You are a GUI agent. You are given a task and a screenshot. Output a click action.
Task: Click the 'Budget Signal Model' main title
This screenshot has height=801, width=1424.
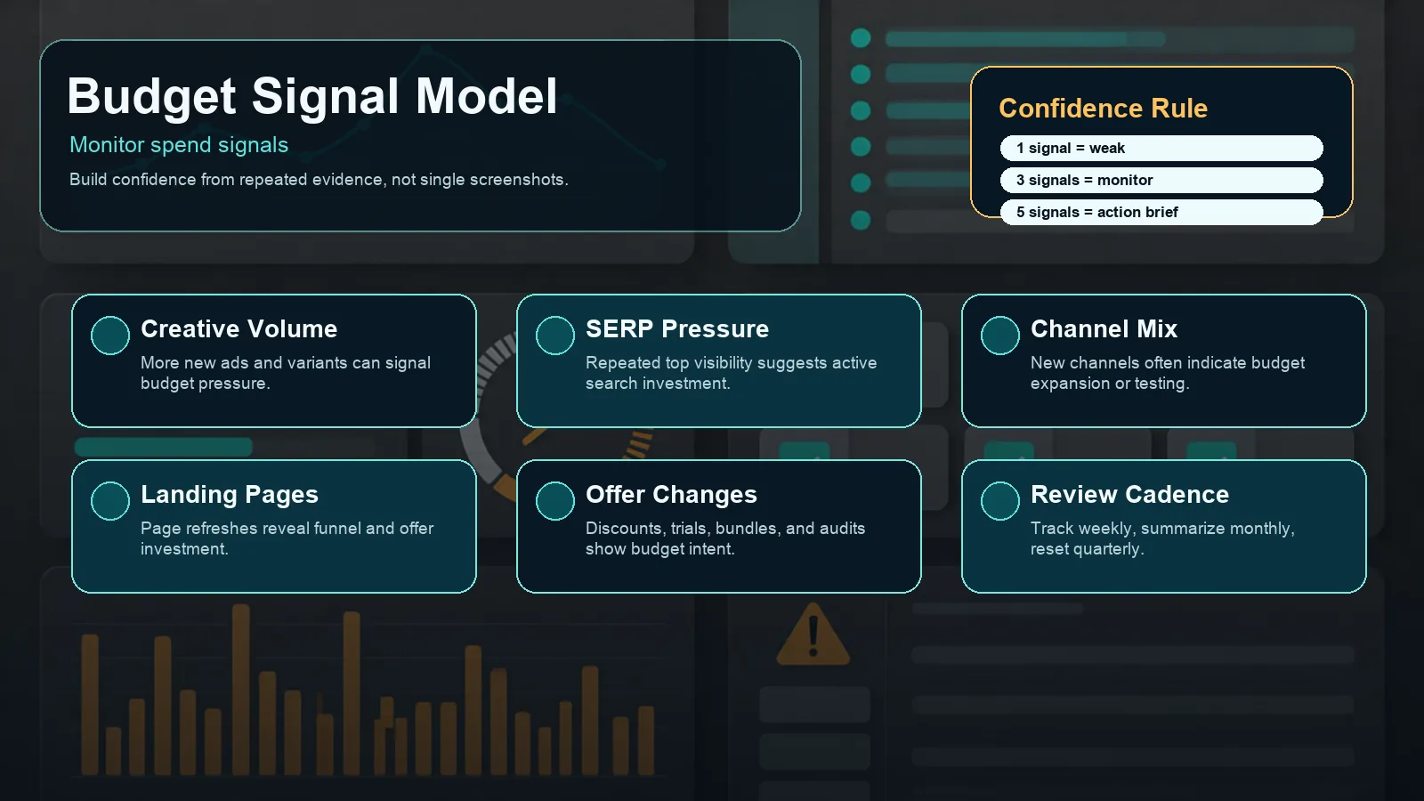pyautogui.click(x=311, y=97)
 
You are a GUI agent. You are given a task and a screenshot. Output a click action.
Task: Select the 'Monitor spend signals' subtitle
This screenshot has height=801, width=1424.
pyautogui.click(x=179, y=146)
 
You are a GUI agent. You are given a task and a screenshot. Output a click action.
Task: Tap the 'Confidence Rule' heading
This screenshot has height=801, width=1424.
pyautogui.click(x=1103, y=108)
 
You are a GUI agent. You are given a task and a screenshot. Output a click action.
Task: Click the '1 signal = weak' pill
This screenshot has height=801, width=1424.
pyautogui.click(x=1161, y=148)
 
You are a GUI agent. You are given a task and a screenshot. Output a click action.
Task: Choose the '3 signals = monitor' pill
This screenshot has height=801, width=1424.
pyautogui.click(x=1161, y=180)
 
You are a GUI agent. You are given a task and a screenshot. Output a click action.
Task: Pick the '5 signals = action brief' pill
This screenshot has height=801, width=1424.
pyautogui.click(x=1161, y=213)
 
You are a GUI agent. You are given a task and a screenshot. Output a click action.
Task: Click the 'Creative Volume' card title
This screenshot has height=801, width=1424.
pyautogui.click(x=239, y=329)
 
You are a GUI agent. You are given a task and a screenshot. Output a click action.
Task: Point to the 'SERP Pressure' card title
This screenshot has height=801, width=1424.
pyautogui.click(x=677, y=329)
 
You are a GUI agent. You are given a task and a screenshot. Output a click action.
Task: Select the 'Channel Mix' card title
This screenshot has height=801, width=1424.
pyautogui.click(x=1104, y=329)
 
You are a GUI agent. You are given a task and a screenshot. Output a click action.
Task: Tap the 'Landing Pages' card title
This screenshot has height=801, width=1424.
pyautogui.click(x=230, y=495)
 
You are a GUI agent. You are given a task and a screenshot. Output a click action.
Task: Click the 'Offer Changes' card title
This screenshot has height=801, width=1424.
pyautogui.click(x=671, y=495)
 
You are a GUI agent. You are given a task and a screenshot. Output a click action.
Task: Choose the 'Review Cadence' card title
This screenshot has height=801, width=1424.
pyautogui.click(x=1129, y=495)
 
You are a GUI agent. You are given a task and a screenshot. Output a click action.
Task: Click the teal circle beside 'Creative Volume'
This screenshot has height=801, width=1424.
pyautogui.click(x=110, y=335)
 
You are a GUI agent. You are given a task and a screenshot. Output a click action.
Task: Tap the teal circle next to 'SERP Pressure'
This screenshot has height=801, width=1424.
pyautogui.click(x=555, y=335)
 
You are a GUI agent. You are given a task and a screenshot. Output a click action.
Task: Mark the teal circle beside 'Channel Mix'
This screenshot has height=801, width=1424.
pyautogui.click(x=1000, y=335)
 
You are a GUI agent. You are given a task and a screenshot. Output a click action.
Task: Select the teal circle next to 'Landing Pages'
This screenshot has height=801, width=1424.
pyautogui.click(x=110, y=500)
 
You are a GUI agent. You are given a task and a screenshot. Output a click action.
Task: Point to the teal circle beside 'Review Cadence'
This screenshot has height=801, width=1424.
pyautogui.click(x=1000, y=500)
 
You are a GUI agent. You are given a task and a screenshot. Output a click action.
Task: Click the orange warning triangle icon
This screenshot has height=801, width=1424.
pyautogui.click(x=813, y=635)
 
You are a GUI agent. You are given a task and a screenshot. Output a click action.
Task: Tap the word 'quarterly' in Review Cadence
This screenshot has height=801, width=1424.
pyautogui.click(x=1109, y=549)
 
